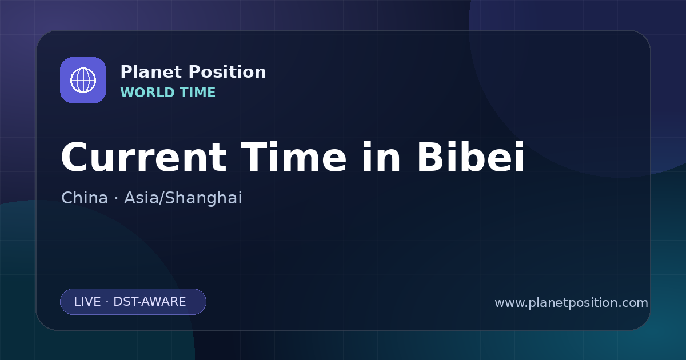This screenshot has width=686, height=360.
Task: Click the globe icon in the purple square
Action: click(x=83, y=80)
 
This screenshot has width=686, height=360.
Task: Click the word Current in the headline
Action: click(x=144, y=157)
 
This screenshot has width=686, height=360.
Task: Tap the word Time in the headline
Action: click(x=293, y=157)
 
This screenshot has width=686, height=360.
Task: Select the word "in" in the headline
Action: click(x=381, y=157)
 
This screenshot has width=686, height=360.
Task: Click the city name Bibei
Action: click(x=470, y=157)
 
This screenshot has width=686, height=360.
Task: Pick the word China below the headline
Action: click(x=85, y=198)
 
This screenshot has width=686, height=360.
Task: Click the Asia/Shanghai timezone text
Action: click(x=183, y=198)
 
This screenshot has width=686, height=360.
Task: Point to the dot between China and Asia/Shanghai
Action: click(x=116, y=198)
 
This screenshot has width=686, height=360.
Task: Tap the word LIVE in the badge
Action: click(x=87, y=302)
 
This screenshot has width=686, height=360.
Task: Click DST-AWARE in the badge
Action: click(x=150, y=302)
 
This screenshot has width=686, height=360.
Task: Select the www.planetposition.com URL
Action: click(x=571, y=303)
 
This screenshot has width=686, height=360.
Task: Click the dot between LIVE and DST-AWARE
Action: click(x=107, y=302)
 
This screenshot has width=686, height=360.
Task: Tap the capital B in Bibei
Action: click(x=432, y=157)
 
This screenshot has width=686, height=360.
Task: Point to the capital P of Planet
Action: click(x=126, y=71)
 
